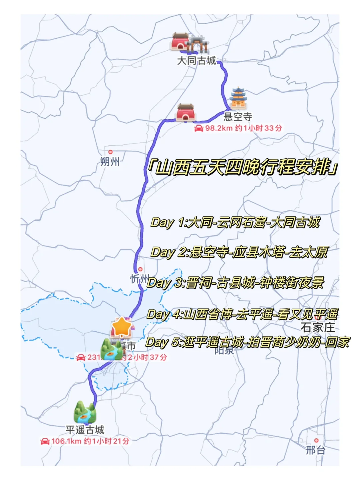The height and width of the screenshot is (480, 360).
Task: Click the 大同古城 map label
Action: pyautogui.click(x=196, y=61)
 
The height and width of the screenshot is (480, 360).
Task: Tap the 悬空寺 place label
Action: pyautogui.click(x=238, y=117)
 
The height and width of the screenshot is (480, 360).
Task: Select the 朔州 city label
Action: pyautogui.click(x=110, y=162)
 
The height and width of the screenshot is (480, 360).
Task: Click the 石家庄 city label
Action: pyautogui.click(x=318, y=327)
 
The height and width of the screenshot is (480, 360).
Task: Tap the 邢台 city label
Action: pyautogui.click(x=316, y=450)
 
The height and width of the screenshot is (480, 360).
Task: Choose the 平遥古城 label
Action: pyautogui.click(x=85, y=430)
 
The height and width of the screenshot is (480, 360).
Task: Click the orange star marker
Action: pyautogui.click(x=122, y=327)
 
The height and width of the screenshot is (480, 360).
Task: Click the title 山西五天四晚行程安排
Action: pyautogui.click(x=243, y=167)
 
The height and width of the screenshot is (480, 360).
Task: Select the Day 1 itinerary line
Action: pyautogui.click(x=235, y=222)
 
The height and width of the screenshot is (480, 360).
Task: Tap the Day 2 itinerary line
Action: pyautogui.click(x=239, y=252)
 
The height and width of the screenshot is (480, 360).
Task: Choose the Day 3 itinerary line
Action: pyautogui.click(x=235, y=283)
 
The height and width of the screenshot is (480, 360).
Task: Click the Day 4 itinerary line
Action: pyautogui.click(x=242, y=314)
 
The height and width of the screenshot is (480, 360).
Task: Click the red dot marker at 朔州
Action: pyautogui.click(x=110, y=152)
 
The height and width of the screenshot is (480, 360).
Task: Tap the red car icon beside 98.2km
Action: pyautogui.click(x=199, y=128)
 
